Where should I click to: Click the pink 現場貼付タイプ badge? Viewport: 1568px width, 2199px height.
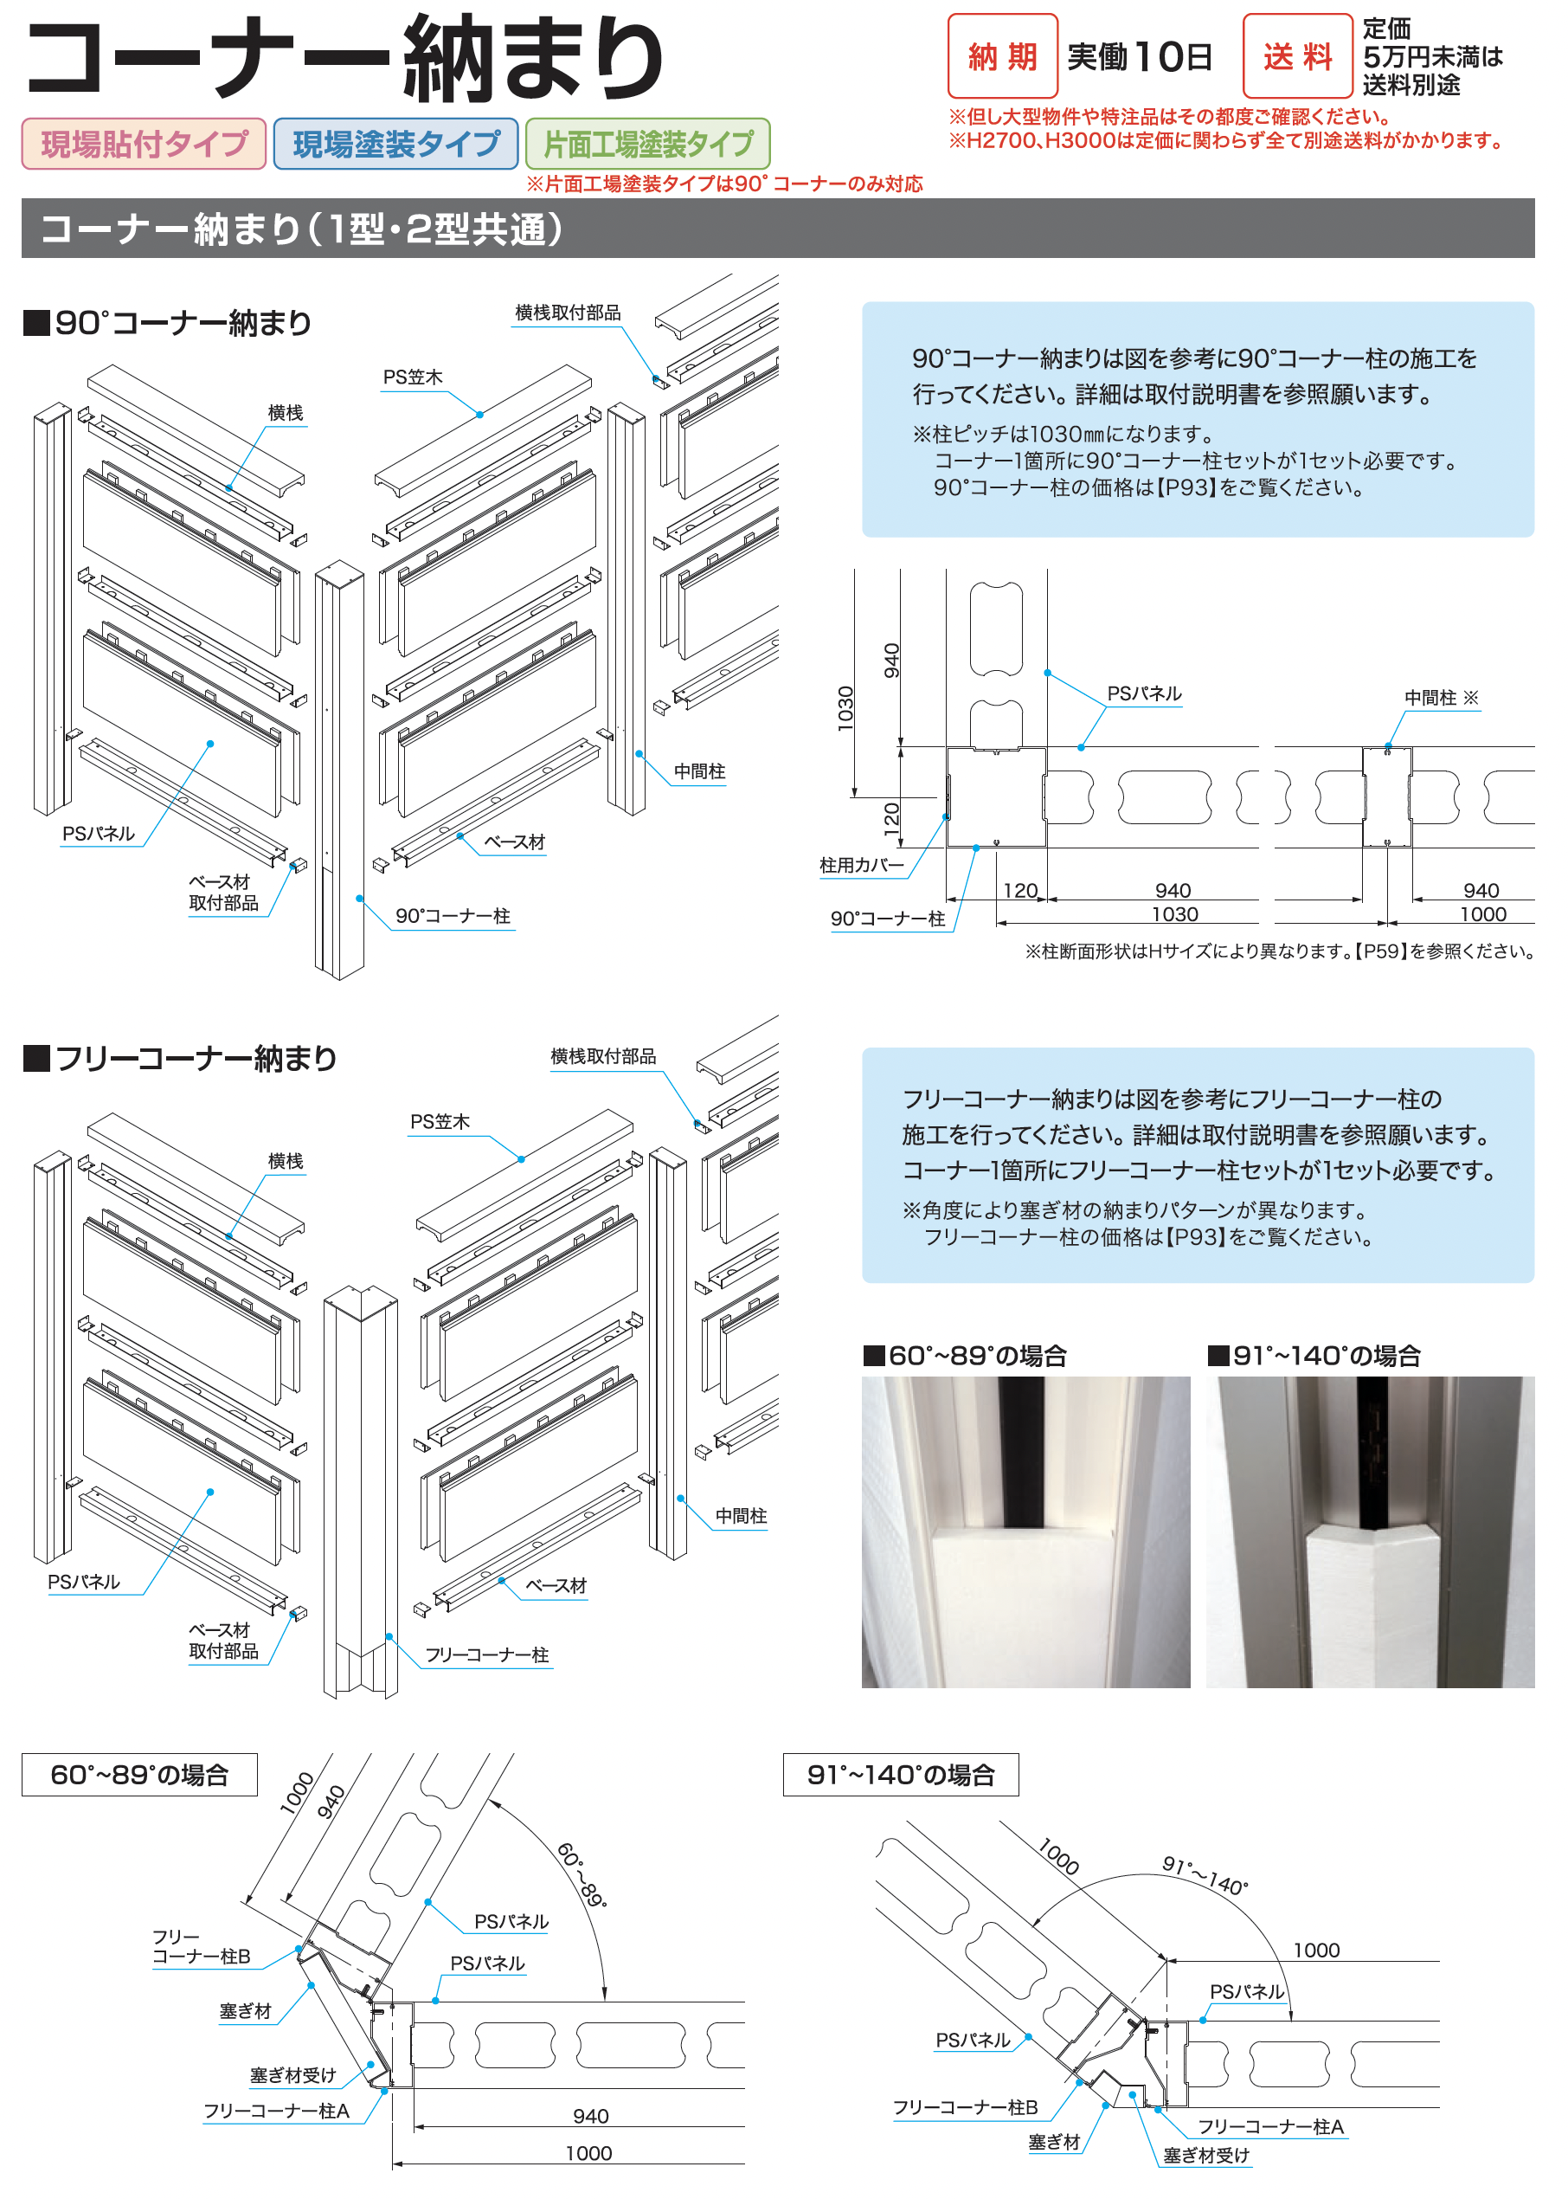coord(144,144)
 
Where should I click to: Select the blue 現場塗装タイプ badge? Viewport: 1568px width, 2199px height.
coord(395,144)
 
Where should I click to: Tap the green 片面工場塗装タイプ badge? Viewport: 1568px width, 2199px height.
coord(648,144)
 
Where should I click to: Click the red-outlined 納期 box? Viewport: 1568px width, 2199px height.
coord(1002,56)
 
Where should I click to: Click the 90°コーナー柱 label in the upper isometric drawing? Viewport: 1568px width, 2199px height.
coord(453,915)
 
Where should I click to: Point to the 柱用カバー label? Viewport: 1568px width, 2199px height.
coord(861,865)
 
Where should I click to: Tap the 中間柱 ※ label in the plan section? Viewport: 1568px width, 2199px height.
coord(1441,697)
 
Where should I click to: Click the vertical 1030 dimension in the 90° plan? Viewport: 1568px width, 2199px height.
coord(845,708)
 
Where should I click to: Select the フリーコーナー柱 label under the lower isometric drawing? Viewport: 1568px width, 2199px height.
coord(486,1654)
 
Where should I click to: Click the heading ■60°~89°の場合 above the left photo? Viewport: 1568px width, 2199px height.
coord(966,1355)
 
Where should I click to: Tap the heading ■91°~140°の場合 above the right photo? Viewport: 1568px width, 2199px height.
coord(1314,1355)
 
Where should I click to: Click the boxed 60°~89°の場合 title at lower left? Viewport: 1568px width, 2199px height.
coord(139,1774)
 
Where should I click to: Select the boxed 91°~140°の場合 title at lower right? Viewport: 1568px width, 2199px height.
coord(900,1774)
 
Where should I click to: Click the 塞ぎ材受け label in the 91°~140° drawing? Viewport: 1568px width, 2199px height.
coord(1206,2155)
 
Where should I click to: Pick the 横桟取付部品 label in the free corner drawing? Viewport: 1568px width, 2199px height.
coord(603,1055)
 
